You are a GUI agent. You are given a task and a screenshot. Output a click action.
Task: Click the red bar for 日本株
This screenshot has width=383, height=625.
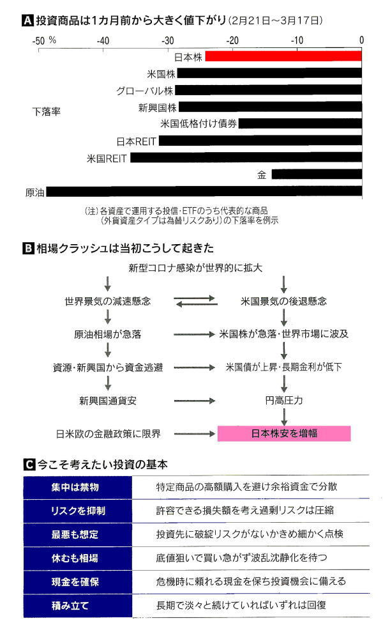[x=283, y=56]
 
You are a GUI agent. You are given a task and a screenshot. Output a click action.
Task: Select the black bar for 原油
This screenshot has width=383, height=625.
[x=204, y=192]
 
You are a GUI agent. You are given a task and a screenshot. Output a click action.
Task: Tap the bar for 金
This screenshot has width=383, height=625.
[x=317, y=174]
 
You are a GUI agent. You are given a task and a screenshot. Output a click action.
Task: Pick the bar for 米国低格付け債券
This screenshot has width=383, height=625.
[x=300, y=123]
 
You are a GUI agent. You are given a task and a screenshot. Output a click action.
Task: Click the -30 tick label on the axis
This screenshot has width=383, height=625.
[x=168, y=41]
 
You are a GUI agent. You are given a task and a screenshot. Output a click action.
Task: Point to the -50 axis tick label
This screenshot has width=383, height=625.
[x=38, y=41]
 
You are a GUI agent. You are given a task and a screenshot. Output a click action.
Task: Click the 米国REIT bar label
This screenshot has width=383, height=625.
[x=107, y=158]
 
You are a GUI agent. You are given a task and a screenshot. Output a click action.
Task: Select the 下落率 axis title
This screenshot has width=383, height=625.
[x=47, y=112]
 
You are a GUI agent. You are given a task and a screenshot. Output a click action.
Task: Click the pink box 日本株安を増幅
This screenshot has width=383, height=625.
[x=284, y=433]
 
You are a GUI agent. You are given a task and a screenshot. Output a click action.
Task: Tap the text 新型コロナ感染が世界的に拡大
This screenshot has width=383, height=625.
[x=195, y=268]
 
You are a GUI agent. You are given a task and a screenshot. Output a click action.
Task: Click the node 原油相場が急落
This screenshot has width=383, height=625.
[x=107, y=334]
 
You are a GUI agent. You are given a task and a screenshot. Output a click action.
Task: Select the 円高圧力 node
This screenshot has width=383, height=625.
[x=284, y=400]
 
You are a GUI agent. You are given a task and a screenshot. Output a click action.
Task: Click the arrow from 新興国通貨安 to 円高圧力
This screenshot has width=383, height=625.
[x=194, y=401]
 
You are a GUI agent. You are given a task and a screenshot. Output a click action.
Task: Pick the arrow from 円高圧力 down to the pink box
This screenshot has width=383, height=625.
[x=284, y=417]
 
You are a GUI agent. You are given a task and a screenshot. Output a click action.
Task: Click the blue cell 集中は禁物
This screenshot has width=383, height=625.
[x=78, y=487]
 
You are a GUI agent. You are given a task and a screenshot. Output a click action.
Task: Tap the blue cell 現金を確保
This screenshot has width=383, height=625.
[x=78, y=582]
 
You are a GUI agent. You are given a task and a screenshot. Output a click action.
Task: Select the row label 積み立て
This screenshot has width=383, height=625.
[x=70, y=605]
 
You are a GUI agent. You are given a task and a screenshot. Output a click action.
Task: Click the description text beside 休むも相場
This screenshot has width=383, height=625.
[x=242, y=558]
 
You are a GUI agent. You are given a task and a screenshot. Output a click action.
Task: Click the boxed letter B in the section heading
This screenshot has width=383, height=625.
[x=28, y=249]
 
